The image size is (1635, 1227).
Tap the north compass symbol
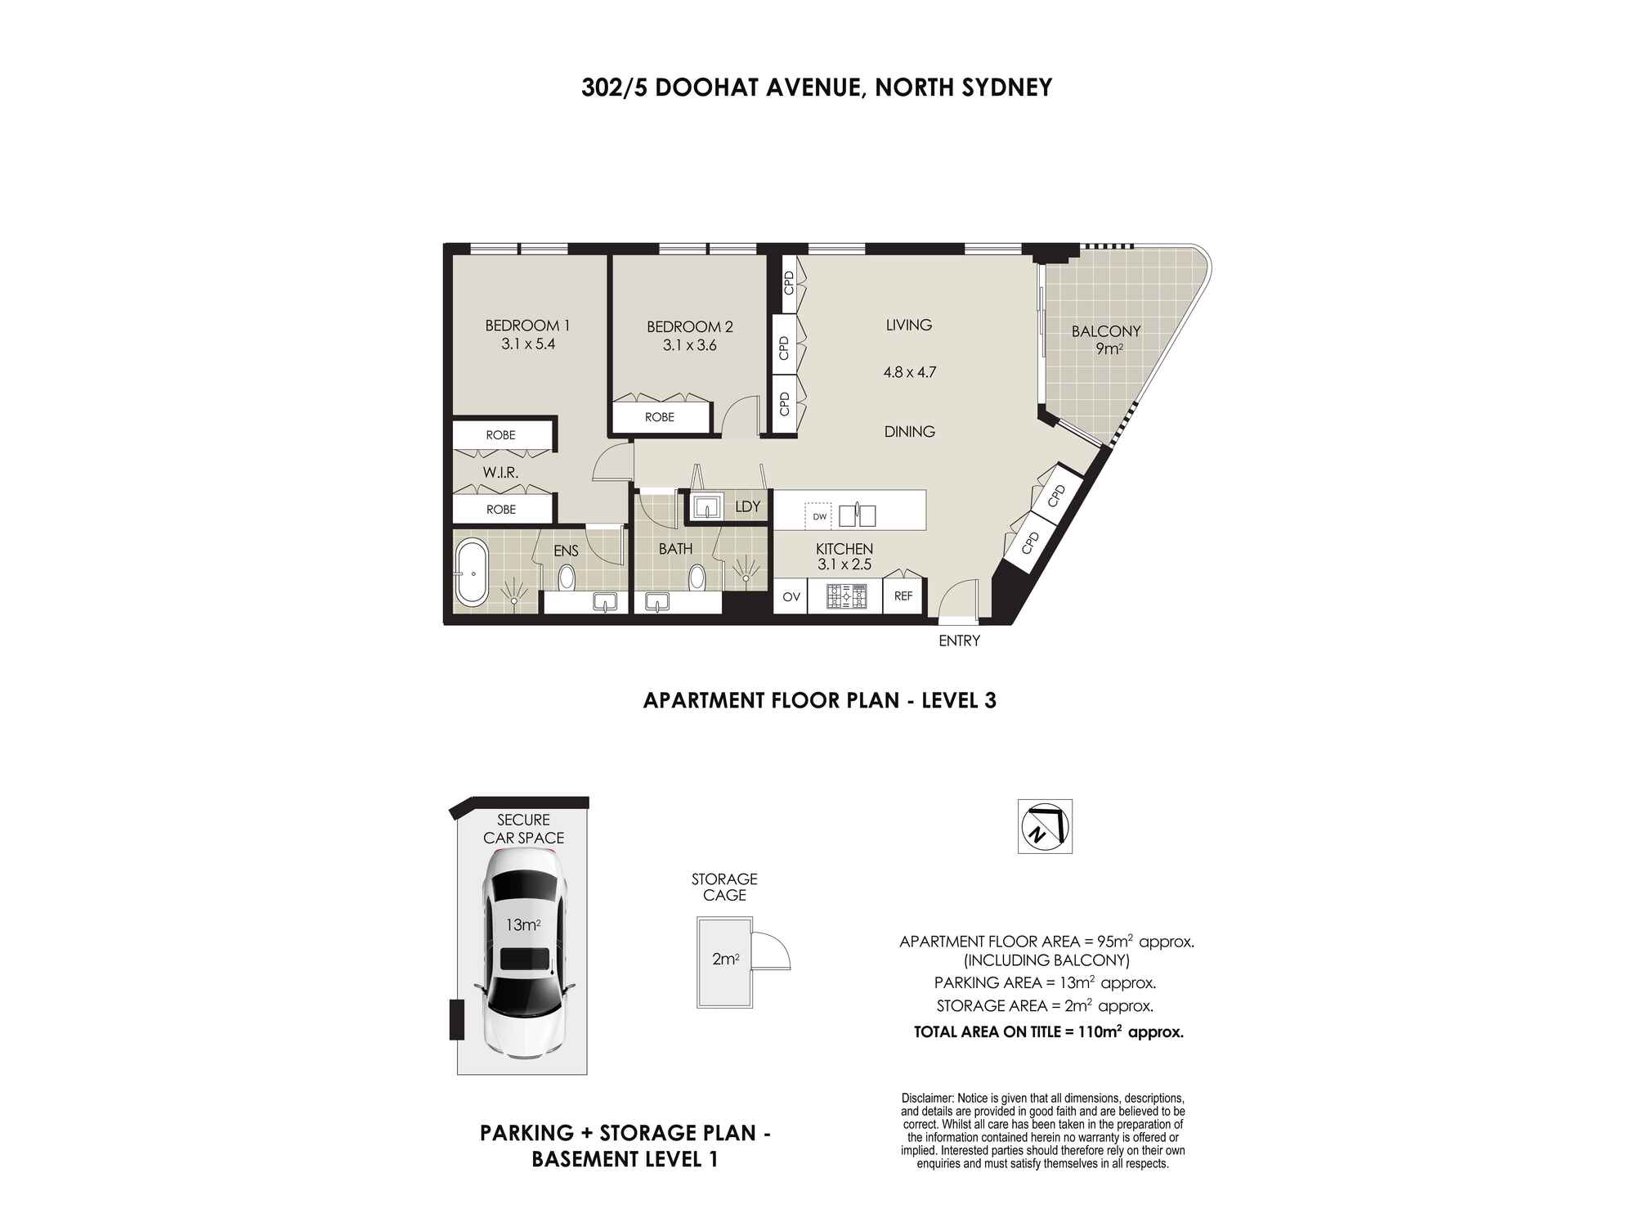coord(1044,826)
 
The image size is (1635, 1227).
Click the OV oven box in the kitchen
coord(791,597)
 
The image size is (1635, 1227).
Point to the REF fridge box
coord(903,596)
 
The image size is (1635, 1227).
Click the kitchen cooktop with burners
coord(845,596)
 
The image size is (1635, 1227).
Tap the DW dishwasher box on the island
coord(819,516)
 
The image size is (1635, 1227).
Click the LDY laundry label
coord(747,507)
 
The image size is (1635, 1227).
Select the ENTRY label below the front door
coord(959,641)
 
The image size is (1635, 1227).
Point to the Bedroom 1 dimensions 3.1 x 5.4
coord(528,344)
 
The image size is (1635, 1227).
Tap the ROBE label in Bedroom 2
coord(660,417)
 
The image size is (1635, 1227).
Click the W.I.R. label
coord(500,473)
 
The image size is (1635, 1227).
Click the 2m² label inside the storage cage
coord(725,960)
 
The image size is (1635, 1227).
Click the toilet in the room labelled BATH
coord(697,578)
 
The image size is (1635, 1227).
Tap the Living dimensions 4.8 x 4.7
coord(909,372)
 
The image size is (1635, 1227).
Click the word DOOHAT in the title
coord(706,88)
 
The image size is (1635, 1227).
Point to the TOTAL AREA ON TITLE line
coord(1048,1032)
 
